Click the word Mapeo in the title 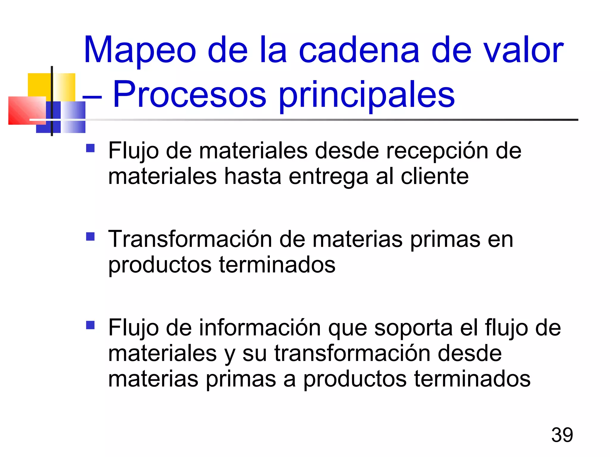pyautogui.click(x=140, y=50)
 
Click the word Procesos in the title pyautogui.click(x=189, y=95)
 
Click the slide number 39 pyautogui.click(x=562, y=435)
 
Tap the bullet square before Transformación pyautogui.click(x=90, y=237)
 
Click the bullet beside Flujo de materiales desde pyautogui.click(x=90, y=148)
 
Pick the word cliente pyautogui.click(x=435, y=176)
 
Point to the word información pyautogui.click(x=260, y=328)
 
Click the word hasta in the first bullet pyautogui.click(x=253, y=176)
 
